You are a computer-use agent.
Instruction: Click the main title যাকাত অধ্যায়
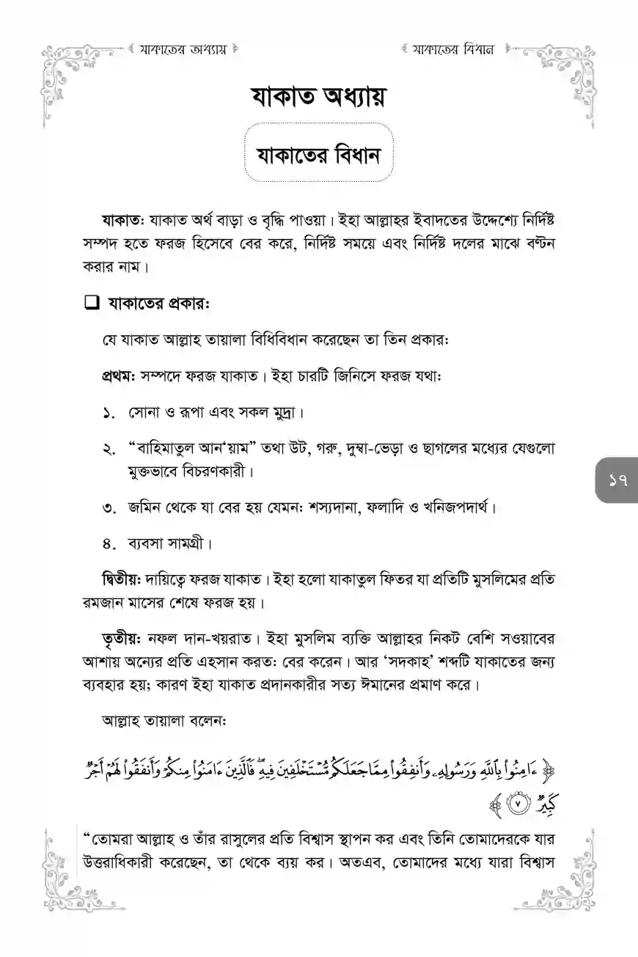pos(318,98)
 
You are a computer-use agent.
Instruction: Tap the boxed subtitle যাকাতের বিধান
pos(318,155)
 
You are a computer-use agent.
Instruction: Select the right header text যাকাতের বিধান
pos(452,51)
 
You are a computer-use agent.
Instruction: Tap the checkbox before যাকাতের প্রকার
pos(91,303)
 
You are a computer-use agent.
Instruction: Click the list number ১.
pos(110,413)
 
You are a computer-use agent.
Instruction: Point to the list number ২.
pos(110,448)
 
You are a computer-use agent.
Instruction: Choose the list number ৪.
pos(110,544)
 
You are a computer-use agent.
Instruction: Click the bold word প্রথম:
pos(119,377)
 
